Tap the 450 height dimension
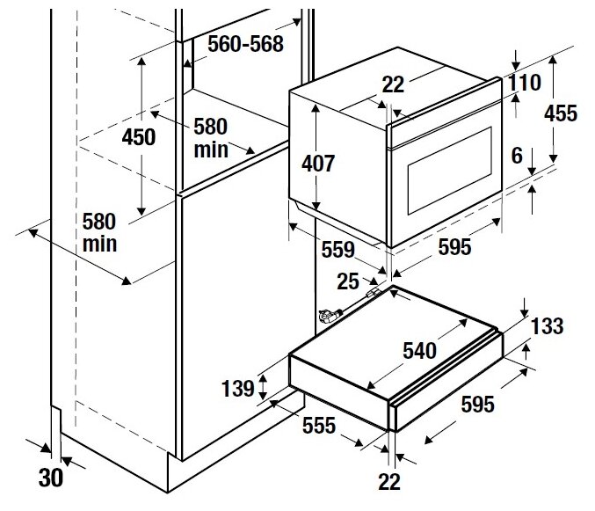(138, 137)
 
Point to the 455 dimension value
(561, 113)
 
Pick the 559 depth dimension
(337, 250)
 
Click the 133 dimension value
(547, 326)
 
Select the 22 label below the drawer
(389, 481)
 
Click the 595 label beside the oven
(454, 247)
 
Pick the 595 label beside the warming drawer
(477, 404)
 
